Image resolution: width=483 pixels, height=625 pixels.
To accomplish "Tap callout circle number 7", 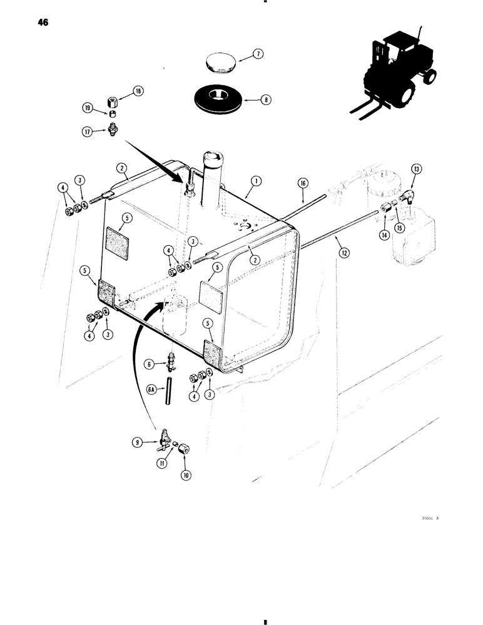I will pyautogui.click(x=258, y=55).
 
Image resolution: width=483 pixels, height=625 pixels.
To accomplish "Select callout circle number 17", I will pyautogui.click(x=88, y=131).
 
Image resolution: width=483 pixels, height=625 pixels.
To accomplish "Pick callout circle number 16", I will pyautogui.click(x=303, y=182).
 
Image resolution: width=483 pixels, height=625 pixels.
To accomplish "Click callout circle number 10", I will pyautogui.click(x=186, y=475).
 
